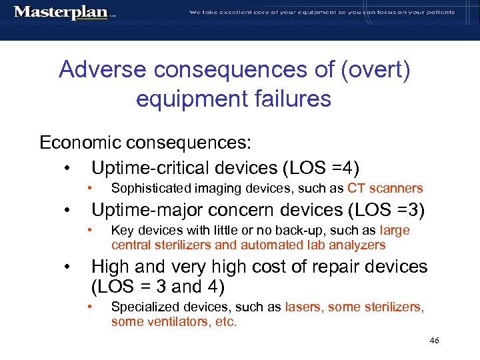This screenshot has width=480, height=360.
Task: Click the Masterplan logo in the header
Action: [61, 13]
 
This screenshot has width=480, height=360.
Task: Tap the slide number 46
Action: [434, 341]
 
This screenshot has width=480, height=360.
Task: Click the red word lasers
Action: [303, 307]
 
